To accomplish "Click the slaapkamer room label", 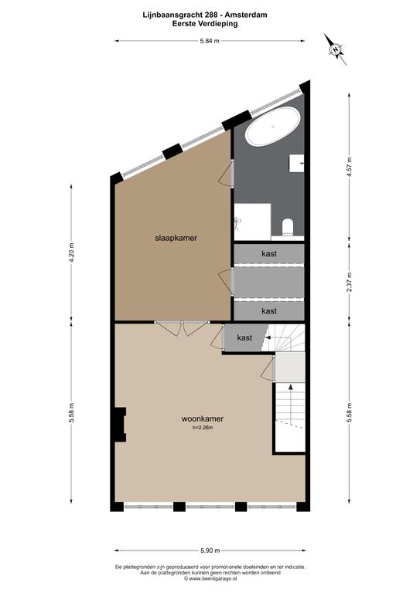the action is tap(176, 238).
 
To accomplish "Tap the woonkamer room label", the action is tap(202, 418).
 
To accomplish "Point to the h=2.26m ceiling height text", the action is tap(203, 428).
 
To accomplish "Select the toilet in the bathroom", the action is tap(288, 226).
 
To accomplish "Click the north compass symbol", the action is tap(335, 49).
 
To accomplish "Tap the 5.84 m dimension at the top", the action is tap(210, 41).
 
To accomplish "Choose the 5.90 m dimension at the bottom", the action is tap(210, 551).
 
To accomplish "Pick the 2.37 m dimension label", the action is tap(349, 282).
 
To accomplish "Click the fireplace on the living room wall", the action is tap(121, 425).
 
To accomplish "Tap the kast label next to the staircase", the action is tap(244, 337).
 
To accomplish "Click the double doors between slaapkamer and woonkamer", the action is tap(182, 328).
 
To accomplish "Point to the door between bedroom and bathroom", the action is tap(227, 172).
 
